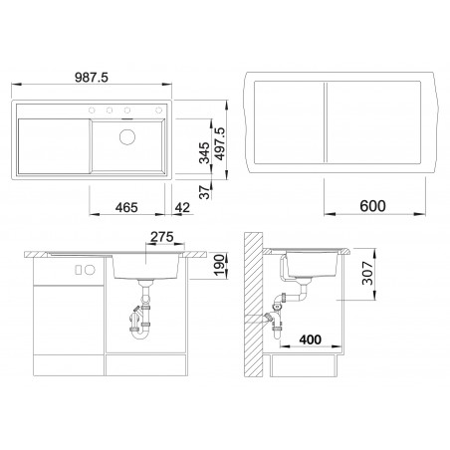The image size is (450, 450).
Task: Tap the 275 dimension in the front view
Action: point(160,236)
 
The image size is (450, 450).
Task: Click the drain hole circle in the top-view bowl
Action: point(129,137)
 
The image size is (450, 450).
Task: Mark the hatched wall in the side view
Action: point(255,309)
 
